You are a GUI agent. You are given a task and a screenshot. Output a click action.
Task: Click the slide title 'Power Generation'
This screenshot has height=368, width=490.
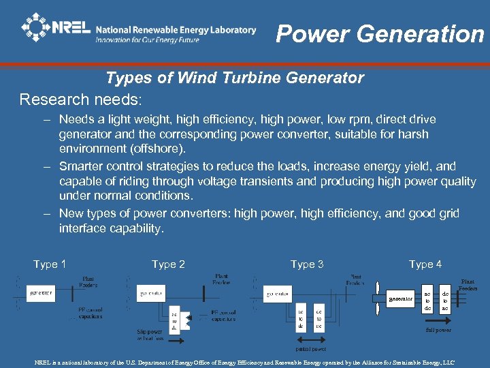click(x=380, y=33)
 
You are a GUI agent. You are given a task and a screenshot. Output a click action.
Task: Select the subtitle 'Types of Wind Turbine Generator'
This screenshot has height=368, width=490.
click(x=235, y=78)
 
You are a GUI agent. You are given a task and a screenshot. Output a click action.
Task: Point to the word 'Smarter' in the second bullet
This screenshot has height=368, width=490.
click(x=82, y=166)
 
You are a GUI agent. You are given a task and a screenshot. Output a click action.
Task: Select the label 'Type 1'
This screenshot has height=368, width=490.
click(x=50, y=264)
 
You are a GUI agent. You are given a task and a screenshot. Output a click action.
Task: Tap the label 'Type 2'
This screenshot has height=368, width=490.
click(x=168, y=264)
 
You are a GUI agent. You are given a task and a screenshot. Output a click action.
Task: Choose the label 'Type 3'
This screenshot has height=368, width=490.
click(x=307, y=264)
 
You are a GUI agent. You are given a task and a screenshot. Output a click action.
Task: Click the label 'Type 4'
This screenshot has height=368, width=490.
click(x=425, y=264)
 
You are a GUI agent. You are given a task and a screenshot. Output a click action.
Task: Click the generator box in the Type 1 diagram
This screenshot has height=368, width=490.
click(x=41, y=294)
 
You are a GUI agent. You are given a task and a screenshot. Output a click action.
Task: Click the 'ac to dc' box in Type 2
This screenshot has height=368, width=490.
click(x=174, y=319)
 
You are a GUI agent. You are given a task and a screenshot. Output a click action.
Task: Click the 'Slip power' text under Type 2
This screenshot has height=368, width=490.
click(x=150, y=333)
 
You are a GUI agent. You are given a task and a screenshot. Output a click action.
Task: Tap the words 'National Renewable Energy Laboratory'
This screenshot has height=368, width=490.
click(x=176, y=29)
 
